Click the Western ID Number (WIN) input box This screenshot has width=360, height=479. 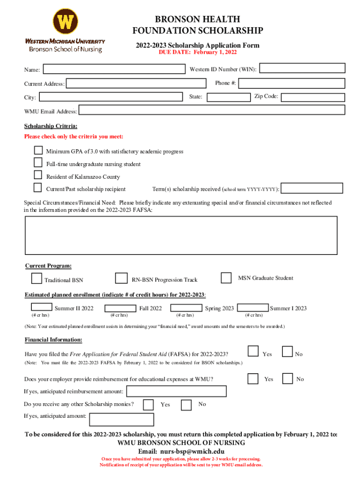(302, 68)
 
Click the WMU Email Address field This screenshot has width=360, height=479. (212, 110)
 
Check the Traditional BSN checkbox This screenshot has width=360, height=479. (36, 278)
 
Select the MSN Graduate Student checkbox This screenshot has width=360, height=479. (226, 278)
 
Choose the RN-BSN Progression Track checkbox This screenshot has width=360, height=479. (122, 278)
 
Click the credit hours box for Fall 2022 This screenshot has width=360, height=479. (121, 308)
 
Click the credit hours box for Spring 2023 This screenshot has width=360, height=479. (187, 308)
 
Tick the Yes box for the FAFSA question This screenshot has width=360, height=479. (253, 351)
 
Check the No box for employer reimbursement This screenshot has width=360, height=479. (288, 378)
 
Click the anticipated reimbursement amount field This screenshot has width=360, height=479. (177, 391)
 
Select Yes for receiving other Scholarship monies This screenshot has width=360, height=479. (149, 405)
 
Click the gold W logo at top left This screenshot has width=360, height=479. (65, 22)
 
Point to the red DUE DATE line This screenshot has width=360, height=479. (198, 53)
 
